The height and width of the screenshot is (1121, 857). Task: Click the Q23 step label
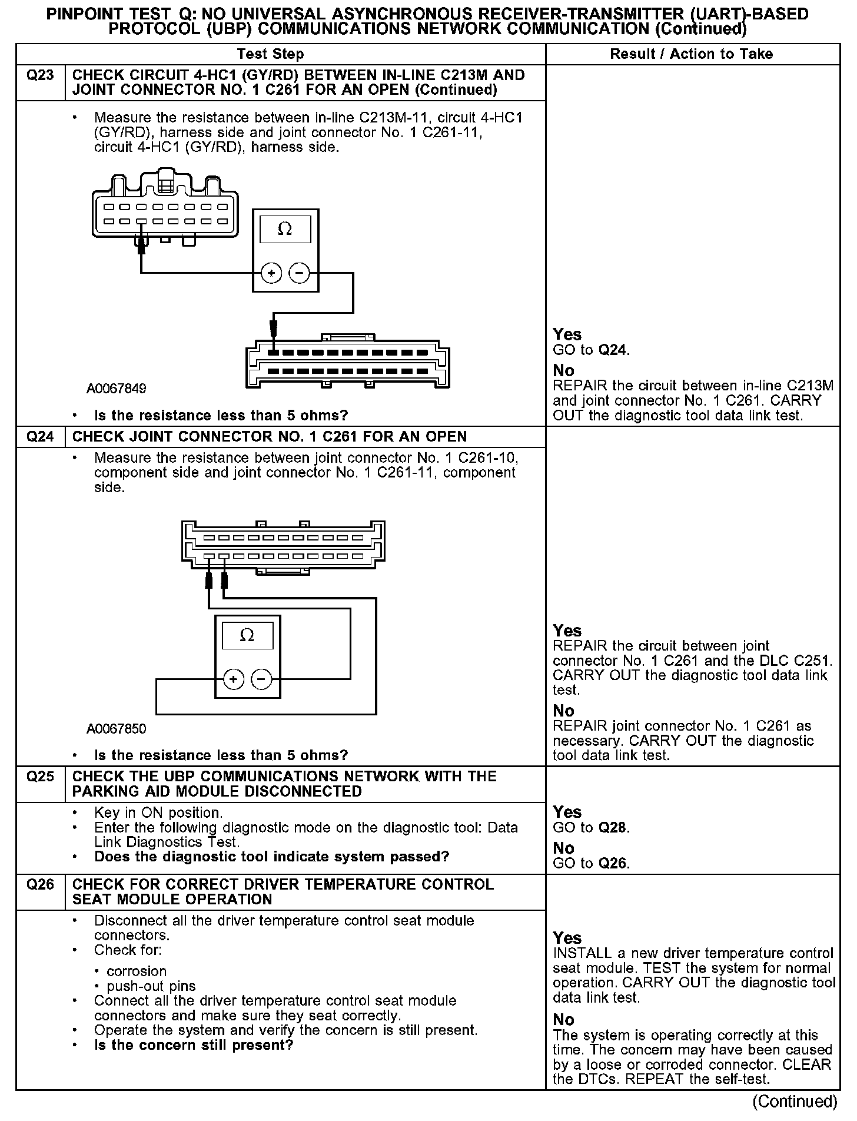[40, 75]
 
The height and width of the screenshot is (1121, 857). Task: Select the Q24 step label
[40, 437]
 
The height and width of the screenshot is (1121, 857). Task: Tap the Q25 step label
[40, 777]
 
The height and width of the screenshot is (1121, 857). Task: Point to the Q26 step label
[40, 885]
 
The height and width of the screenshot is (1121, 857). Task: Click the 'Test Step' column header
[270, 54]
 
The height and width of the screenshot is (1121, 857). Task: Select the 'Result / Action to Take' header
[691, 54]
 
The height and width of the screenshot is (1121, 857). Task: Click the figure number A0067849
[117, 389]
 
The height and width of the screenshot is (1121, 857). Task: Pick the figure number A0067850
[117, 729]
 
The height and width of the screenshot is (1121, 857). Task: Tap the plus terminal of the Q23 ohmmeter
[271, 273]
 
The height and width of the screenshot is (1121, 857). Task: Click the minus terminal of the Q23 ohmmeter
[300, 273]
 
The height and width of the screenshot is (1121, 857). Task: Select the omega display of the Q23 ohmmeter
[285, 229]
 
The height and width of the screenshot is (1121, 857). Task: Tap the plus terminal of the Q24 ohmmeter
[234, 679]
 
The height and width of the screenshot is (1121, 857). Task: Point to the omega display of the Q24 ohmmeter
[247, 636]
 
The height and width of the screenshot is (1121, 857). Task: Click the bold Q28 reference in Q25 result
[613, 828]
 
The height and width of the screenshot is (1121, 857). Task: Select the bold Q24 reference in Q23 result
[613, 350]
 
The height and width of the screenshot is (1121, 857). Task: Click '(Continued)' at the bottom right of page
[795, 1101]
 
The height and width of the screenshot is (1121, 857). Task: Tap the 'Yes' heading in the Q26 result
[567, 938]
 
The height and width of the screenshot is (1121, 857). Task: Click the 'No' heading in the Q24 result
[563, 711]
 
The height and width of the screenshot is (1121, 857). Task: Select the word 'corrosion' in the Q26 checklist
[137, 971]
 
